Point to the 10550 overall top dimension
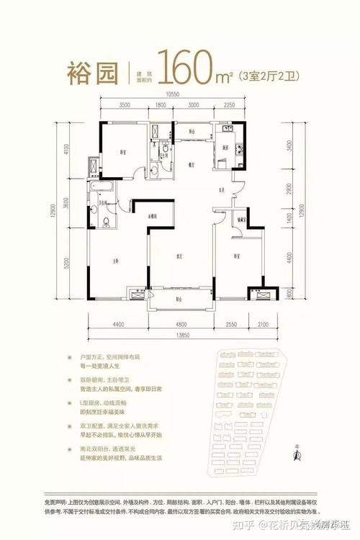171,94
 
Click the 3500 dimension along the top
125,105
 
